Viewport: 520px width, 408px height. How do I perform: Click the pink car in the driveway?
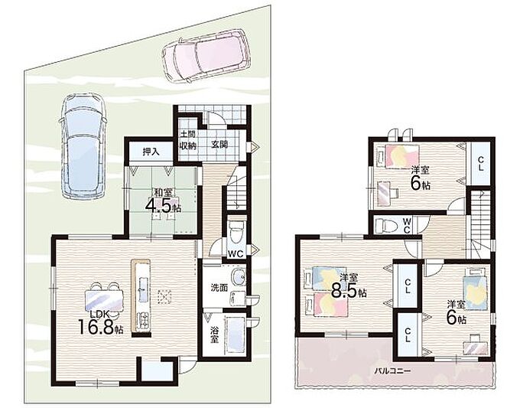[205, 55]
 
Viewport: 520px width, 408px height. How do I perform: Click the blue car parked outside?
[83, 146]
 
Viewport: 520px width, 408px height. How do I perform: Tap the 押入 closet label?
[151, 152]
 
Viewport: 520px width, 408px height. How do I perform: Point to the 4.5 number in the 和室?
[158, 205]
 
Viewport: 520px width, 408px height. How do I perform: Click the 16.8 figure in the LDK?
[96, 326]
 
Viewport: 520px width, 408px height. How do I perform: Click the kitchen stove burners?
[143, 321]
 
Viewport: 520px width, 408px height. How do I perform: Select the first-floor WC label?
[236, 254]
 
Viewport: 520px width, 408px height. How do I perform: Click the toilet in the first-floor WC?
[236, 232]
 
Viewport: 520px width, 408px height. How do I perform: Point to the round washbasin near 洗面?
[239, 276]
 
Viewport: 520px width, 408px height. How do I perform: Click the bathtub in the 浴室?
[235, 335]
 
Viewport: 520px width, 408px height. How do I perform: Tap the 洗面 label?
[219, 288]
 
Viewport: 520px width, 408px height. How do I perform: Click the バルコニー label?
[392, 370]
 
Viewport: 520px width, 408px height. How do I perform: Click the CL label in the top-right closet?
[480, 164]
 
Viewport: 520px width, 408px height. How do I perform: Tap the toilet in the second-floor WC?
[385, 226]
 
